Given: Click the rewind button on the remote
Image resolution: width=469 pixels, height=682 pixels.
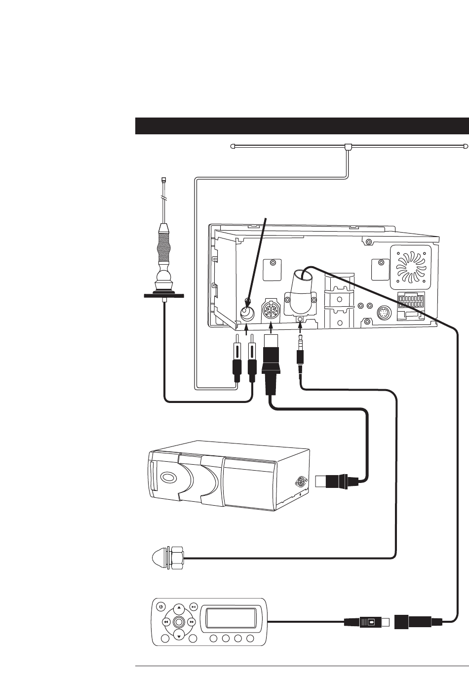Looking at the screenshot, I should pos(166,621).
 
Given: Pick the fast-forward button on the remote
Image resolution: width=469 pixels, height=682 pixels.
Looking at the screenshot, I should pos(191,621).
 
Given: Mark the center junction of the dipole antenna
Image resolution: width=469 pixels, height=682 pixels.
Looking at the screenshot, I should pos(348,147).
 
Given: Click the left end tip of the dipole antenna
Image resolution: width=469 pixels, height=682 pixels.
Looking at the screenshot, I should pos(233,146).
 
